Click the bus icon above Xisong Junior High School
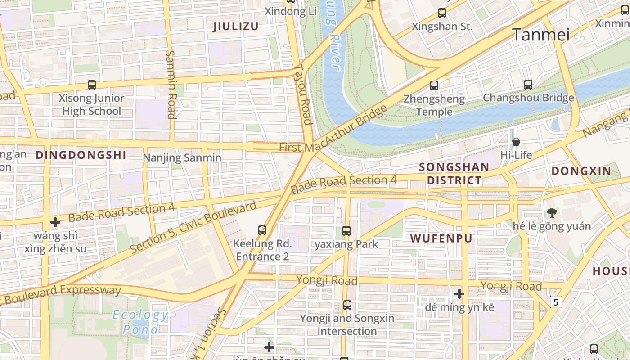(92, 85)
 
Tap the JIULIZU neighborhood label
(236, 27)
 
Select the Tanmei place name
(541, 35)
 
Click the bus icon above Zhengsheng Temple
(434, 85)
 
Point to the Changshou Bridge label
(528, 98)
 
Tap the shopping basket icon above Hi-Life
(516, 142)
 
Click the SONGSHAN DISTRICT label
(454, 174)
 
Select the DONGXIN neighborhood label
(581, 171)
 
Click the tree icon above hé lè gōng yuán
(552, 212)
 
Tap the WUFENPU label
(441, 238)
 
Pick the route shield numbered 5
(557, 302)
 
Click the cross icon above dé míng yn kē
(459, 294)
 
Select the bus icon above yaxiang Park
(346, 231)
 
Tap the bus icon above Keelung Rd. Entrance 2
(262, 230)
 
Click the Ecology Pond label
(140, 322)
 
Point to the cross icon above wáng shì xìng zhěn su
(55, 222)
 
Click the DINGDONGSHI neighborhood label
(81, 155)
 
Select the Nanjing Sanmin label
(182, 157)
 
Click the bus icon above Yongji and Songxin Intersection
(347, 305)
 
